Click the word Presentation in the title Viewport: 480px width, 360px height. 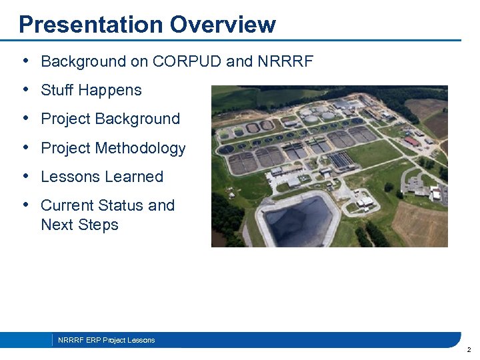tap(91, 25)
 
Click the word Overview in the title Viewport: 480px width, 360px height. tap(222, 25)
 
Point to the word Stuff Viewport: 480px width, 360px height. tap(58, 91)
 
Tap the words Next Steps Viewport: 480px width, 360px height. tap(79, 225)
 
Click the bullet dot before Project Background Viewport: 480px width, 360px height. tap(25, 119)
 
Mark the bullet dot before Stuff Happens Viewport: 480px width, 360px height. tap(25, 90)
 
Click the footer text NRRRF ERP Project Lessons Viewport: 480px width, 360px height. tap(106, 341)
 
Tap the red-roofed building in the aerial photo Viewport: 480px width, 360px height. tap(413, 142)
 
